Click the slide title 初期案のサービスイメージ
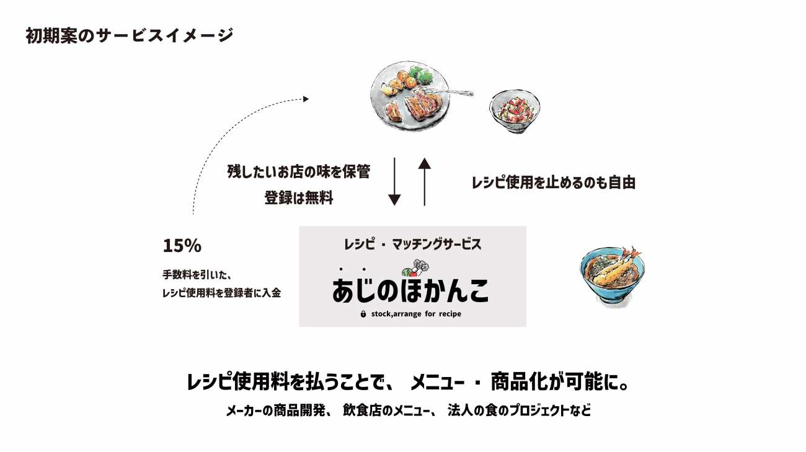(x=130, y=35)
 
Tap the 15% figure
(x=182, y=246)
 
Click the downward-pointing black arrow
(x=394, y=182)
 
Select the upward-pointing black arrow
(x=424, y=181)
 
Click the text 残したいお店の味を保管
(x=298, y=172)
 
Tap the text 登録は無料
(x=299, y=199)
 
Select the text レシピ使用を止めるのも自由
(x=554, y=183)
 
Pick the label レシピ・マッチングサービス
(x=412, y=244)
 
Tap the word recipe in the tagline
(x=447, y=314)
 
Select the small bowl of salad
(x=515, y=111)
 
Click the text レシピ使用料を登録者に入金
(x=221, y=293)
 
